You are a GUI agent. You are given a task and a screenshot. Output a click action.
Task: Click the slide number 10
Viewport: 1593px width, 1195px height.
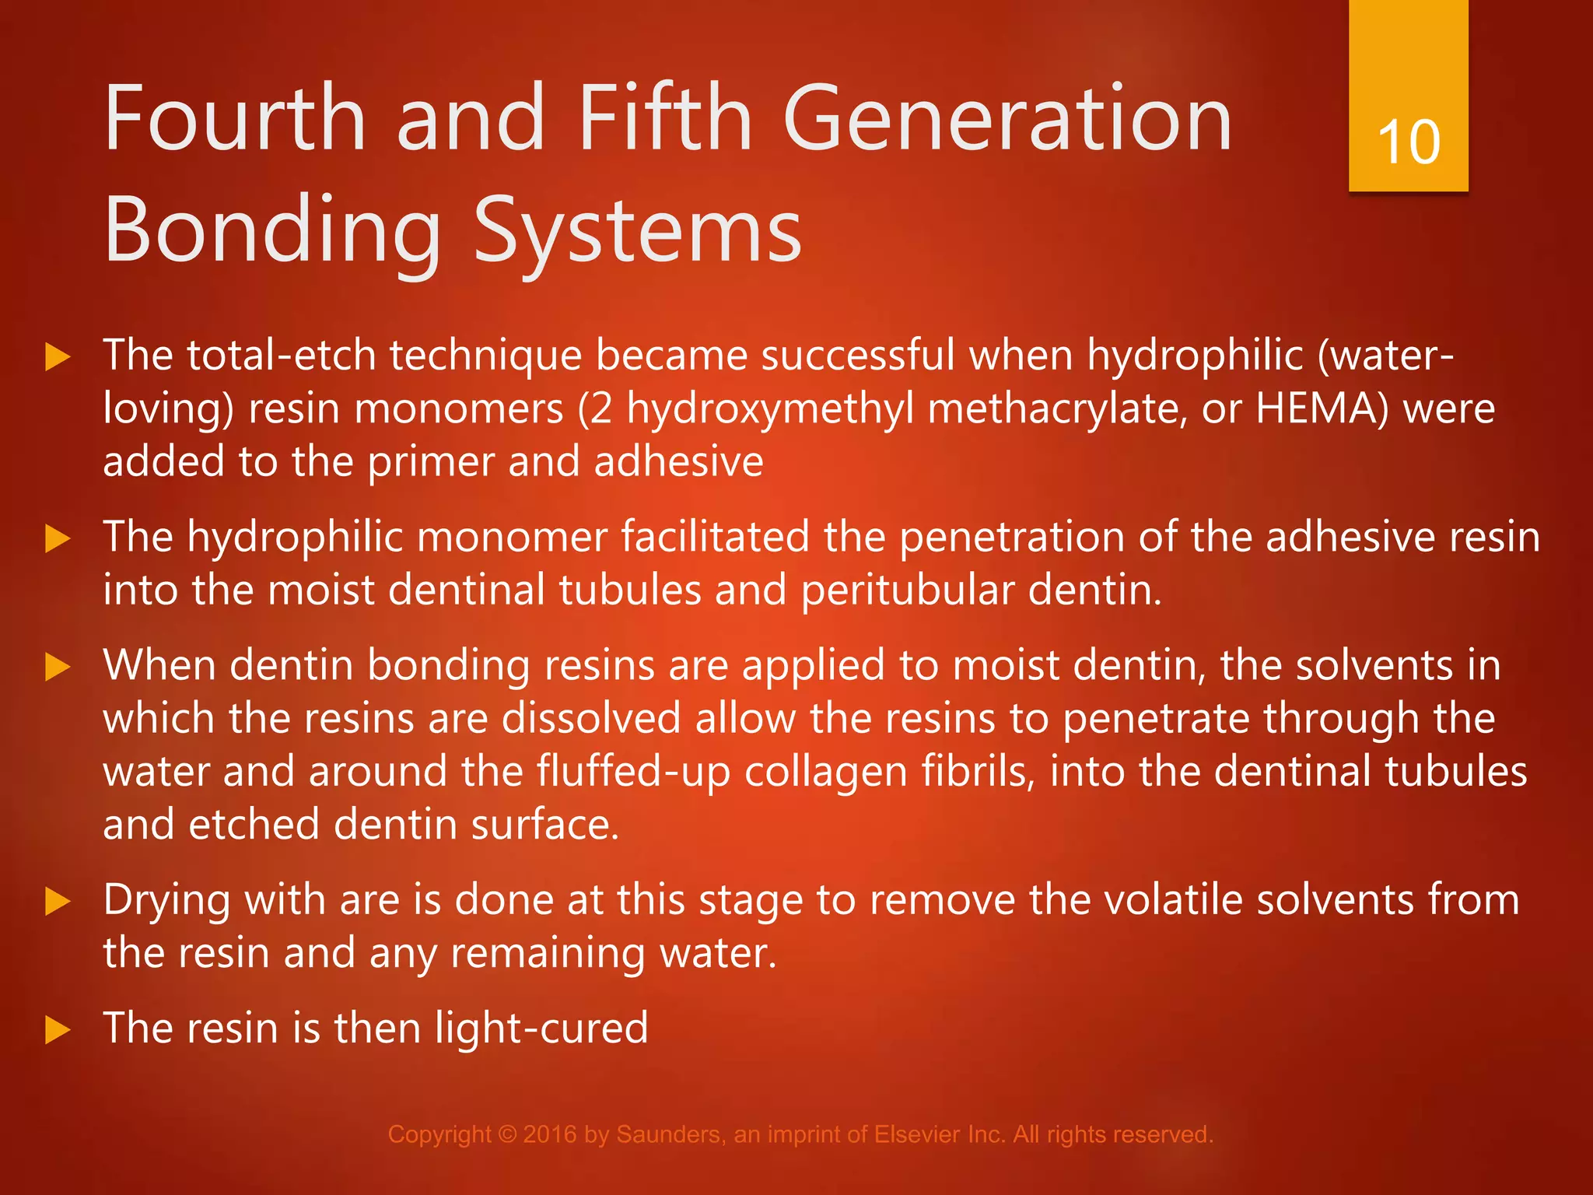pos(1409,142)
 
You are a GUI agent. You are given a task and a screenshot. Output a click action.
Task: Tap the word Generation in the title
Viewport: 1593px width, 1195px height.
pos(1007,119)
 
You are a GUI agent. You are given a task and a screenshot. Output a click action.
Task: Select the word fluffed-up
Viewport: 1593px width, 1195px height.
pos(633,773)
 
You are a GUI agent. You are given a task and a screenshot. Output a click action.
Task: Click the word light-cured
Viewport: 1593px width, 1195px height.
pos(541,1029)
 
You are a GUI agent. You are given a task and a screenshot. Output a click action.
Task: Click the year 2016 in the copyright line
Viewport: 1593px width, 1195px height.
pos(550,1134)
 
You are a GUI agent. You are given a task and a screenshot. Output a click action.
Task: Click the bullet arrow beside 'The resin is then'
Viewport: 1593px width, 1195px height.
pos(58,1030)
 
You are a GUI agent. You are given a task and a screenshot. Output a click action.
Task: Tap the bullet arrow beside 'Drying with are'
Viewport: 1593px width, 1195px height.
pos(58,902)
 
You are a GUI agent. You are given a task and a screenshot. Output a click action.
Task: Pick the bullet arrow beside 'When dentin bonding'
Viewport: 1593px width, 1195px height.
pos(58,668)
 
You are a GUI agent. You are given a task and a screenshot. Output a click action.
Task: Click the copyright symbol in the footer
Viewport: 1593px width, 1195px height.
pos(507,1134)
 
